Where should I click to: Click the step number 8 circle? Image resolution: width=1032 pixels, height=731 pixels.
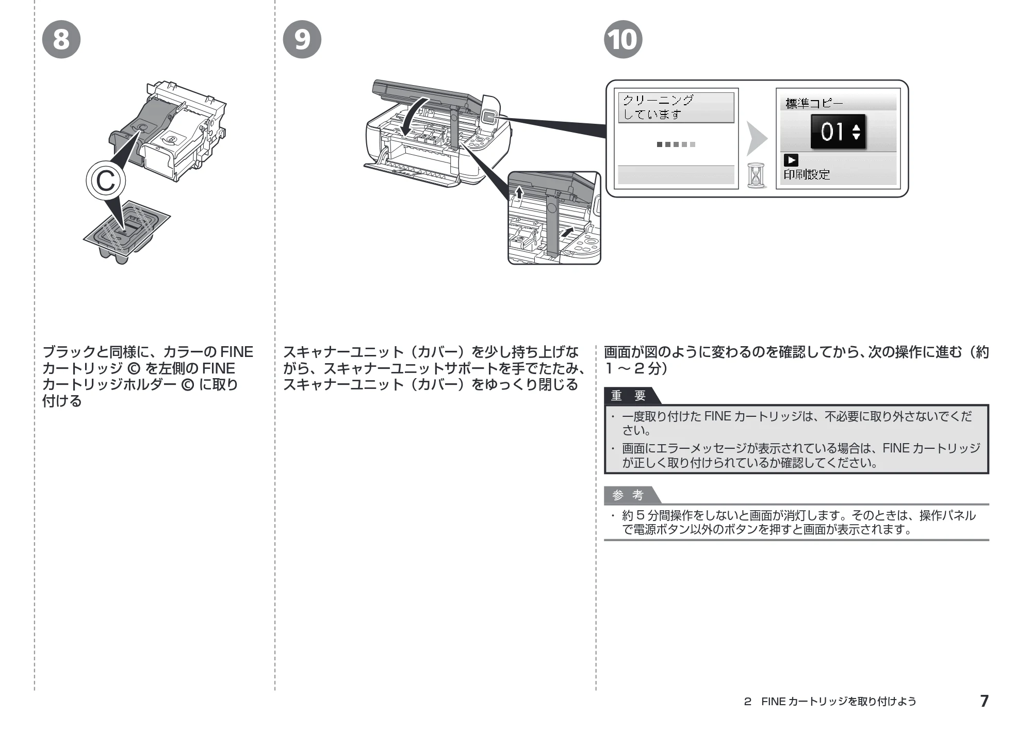click(61, 39)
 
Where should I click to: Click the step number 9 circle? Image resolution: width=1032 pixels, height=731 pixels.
click(302, 39)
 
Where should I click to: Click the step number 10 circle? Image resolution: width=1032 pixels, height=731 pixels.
click(623, 39)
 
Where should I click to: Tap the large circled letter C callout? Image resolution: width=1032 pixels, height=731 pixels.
click(106, 181)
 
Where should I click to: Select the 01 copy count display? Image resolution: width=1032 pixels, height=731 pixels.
click(838, 132)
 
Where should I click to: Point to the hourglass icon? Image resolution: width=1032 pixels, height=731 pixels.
click(756, 175)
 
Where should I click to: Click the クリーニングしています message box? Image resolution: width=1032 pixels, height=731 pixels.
click(676, 107)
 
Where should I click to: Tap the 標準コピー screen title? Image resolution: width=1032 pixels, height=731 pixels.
click(814, 103)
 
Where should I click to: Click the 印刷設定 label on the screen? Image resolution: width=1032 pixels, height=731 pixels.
click(807, 174)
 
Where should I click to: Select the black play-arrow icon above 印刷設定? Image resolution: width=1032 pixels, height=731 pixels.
click(791, 160)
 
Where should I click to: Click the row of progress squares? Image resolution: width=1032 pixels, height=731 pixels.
click(676, 144)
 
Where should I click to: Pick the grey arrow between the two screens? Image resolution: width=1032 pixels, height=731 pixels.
click(757, 138)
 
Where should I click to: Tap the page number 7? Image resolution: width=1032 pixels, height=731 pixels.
click(984, 701)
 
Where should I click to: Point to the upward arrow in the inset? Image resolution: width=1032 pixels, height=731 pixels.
click(519, 192)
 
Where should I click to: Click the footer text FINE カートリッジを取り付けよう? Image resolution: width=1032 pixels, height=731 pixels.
click(839, 701)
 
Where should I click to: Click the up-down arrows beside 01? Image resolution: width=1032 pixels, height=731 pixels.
click(856, 132)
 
